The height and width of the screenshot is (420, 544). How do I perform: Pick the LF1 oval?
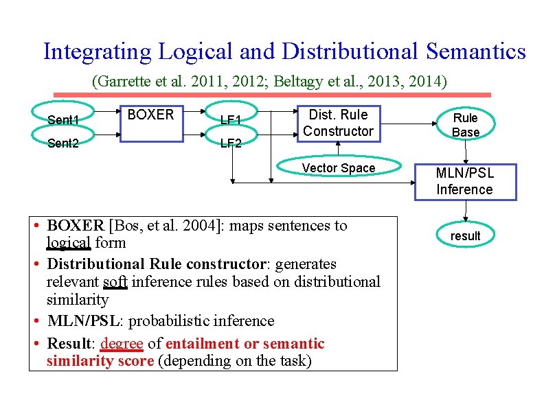point(231,120)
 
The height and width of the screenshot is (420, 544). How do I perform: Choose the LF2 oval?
point(231,143)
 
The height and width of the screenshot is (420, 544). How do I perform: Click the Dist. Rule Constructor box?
point(338,123)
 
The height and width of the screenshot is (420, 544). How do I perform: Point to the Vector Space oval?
point(339,168)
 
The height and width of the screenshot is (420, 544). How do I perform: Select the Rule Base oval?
point(466,125)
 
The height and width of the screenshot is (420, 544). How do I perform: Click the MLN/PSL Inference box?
point(464,181)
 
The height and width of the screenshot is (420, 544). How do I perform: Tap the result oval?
point(465,236)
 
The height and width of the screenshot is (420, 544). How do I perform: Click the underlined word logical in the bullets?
point(68,243)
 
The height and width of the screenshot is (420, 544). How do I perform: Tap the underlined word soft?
point(113,281)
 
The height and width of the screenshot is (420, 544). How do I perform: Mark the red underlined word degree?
point(122,343)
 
